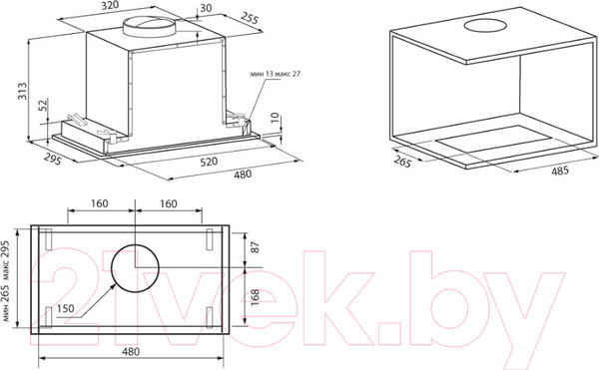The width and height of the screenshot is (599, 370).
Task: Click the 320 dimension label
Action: pyautogui.click(x=111, y=5)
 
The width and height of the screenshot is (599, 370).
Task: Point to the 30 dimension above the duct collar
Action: pyautogui.click(x=206, y=8)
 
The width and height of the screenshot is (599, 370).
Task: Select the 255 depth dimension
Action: pyautogui.click(x=250, y=18)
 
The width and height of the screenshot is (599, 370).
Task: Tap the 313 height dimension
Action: pyautogui.click(x=23, y=91)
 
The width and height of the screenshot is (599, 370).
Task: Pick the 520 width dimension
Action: pyautogui.click(x=209, y=162)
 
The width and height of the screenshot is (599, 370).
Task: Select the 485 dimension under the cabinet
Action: pyautogui.click(x=560, y=171)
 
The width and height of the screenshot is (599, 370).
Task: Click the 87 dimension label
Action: pyautogui.click(x=256, y=247)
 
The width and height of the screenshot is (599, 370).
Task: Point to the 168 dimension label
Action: pyautogui.click(x=256, y=297)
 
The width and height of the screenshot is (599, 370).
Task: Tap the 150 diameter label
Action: pyautogui.click(x=65, y=308)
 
